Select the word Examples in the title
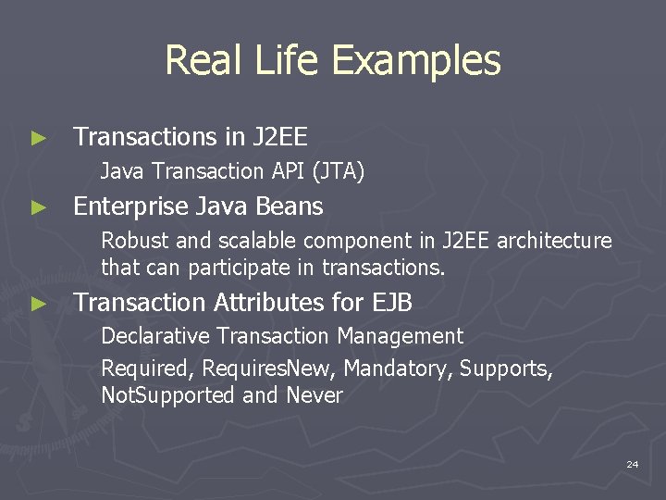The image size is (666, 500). click(x=415, y=61)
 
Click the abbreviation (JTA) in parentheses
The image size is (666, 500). click(x=339, y=171)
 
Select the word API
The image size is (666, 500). click(x=290, y=171)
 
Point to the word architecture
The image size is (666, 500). click(x=554, y=242)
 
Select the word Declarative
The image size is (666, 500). click(x=154, y=336)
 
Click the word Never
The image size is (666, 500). click(x=314, y=396)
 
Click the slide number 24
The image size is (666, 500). click(x=632, y=464)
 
